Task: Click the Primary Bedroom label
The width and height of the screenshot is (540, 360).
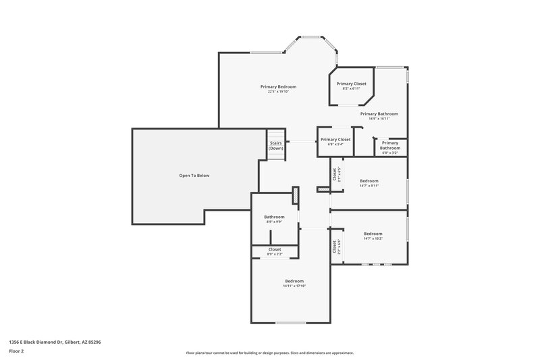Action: click(279, 86)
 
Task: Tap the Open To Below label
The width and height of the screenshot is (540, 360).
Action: click(194, 176)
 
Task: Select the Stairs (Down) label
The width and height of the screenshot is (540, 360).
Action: click(275, 146)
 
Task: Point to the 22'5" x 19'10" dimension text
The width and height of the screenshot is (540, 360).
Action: click(279, 92)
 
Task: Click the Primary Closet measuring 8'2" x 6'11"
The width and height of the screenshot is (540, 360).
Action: click(351, 84)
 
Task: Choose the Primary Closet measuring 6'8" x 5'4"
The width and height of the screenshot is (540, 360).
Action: click(335, 139)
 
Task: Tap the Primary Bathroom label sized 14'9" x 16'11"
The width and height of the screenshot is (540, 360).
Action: click(379, 113)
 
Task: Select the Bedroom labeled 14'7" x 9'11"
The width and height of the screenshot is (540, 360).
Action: click(369, 181)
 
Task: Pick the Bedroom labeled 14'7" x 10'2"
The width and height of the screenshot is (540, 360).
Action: click(373, 234)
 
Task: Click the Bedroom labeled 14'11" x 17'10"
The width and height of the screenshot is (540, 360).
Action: click(294, 281)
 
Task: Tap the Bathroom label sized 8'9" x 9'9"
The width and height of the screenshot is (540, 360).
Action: click(274, 217)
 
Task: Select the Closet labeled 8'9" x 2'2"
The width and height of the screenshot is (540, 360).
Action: click(275, 250)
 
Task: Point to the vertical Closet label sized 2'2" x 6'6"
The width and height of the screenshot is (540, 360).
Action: click(335, 247)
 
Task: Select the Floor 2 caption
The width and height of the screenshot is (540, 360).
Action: click(16, 351)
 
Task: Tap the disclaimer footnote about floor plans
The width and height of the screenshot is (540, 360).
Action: click(269, 353)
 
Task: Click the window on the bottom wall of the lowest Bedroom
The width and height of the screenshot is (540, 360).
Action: click(290, 322)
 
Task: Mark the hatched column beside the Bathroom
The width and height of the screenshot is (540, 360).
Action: click(295, 196)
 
